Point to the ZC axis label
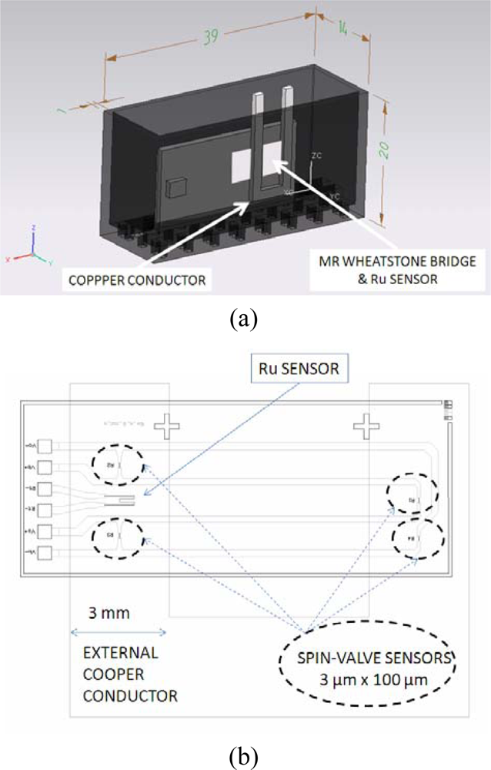coord(316,155)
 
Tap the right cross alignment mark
coord(366,426)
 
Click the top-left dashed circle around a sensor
coord(117,465)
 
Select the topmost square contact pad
coord(44,446)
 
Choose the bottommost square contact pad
coord(44,552)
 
